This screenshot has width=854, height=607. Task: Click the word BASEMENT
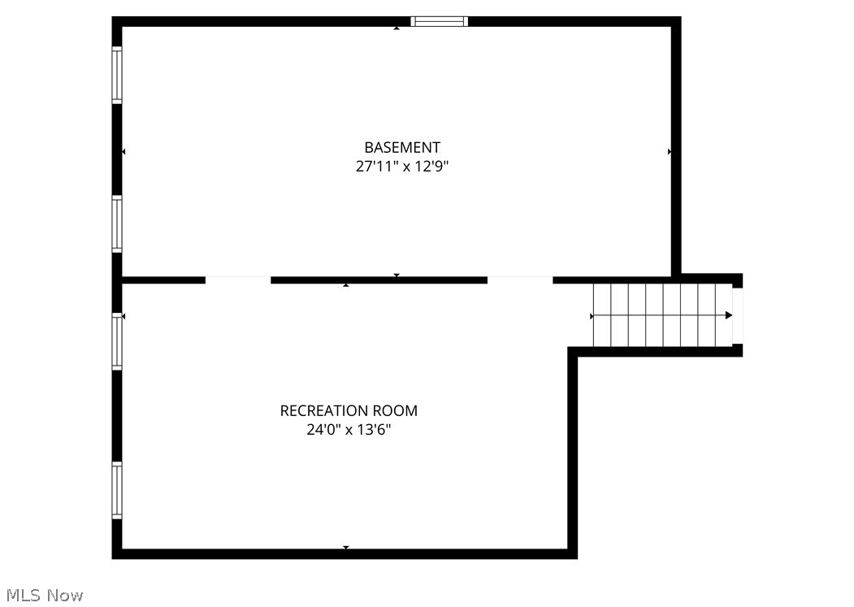[402, 147]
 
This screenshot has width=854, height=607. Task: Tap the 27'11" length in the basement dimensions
[377, 167]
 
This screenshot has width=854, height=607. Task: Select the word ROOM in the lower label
[395, 410]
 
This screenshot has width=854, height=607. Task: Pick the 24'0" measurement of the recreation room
[323, 430]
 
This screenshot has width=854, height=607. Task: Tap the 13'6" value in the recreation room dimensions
[374, 430]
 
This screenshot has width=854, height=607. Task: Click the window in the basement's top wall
[440, 21]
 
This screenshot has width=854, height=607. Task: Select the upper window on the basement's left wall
[117, 75]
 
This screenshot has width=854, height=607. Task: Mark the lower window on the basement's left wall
[117, 223]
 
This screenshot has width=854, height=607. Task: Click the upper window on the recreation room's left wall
[117, 341]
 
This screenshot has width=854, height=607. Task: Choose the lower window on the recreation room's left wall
[117, 490]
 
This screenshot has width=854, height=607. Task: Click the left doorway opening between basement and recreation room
[237, 280]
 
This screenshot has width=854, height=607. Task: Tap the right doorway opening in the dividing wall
[520, 280]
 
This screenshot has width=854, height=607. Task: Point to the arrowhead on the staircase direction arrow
[729, 315]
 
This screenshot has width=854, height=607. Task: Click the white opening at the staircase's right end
[738, 315]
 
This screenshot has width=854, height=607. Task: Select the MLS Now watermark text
[42, 596]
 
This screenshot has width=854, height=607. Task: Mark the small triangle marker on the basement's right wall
[670, 151]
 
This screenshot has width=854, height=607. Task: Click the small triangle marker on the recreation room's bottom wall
[346, 548]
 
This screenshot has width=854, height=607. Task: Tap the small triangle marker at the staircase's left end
[592, 315]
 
